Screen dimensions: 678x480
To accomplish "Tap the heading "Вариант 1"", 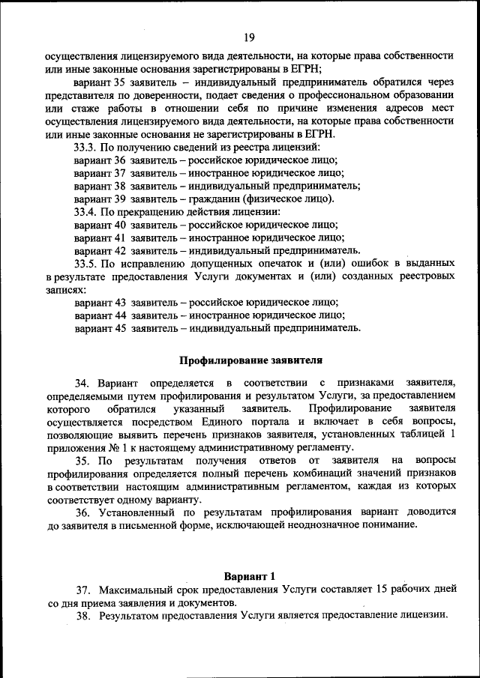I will point(250,576).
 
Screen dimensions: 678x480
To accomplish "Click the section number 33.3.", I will point(85,147).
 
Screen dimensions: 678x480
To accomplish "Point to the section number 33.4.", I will point(85,211).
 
